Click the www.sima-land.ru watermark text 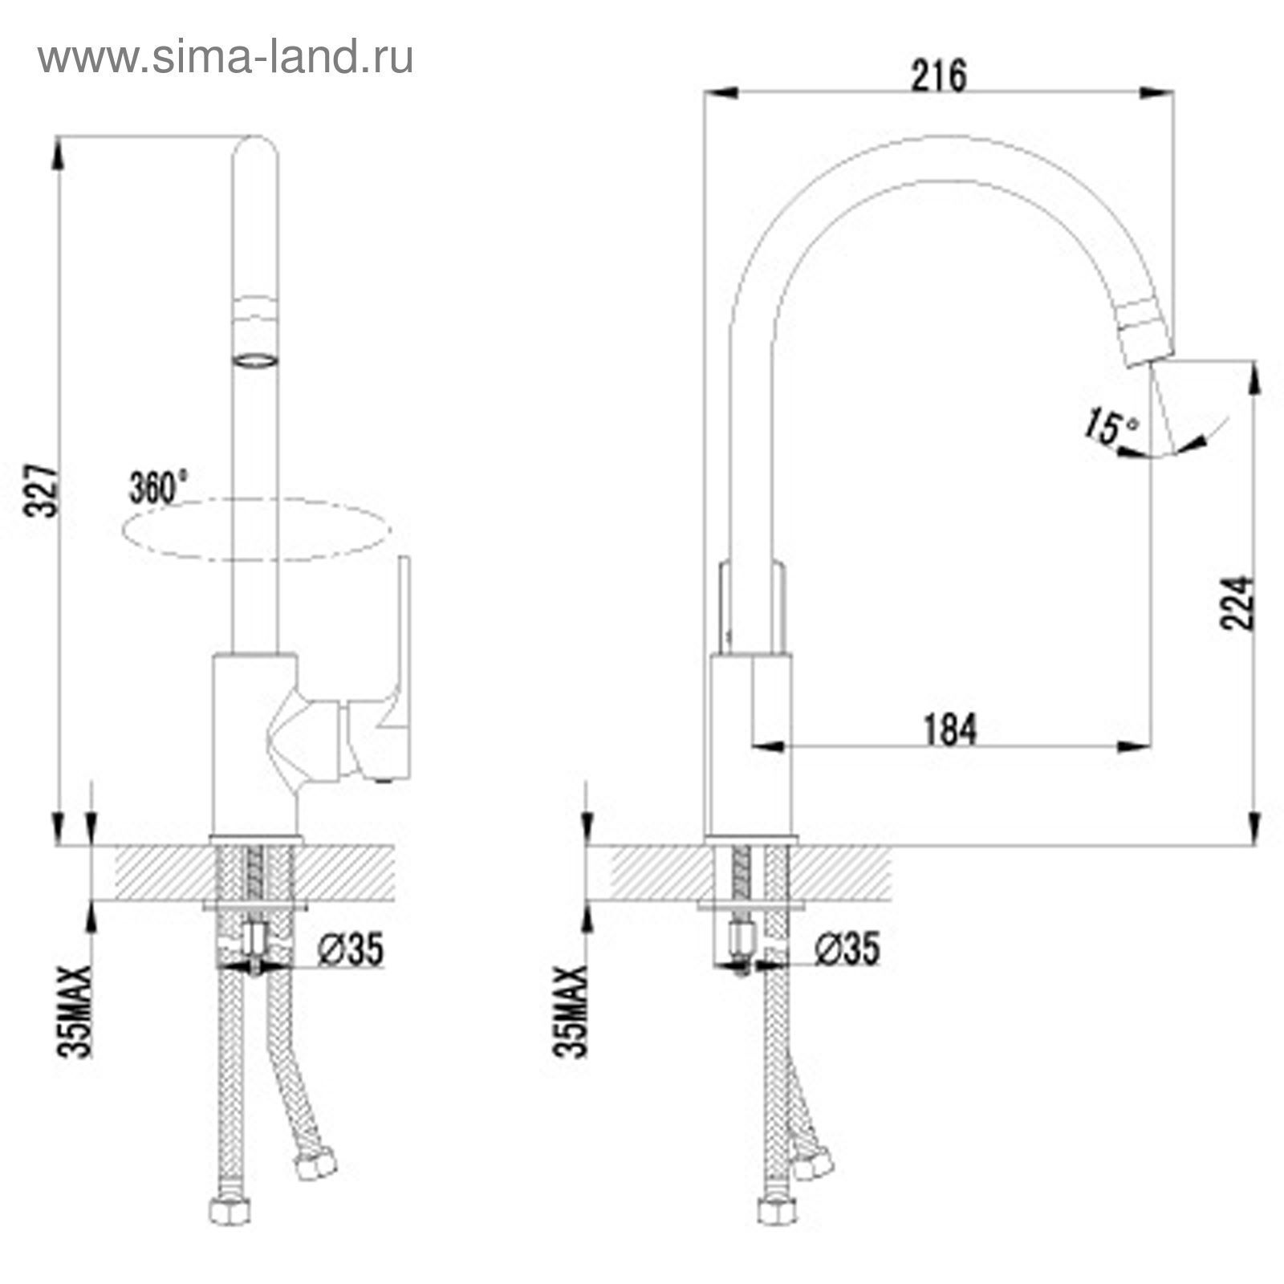tap(226, 59)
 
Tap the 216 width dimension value tap(940, 75)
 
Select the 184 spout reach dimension tap(949, 729)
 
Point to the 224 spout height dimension tap(1236, 603)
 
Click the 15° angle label tap(1111, 426)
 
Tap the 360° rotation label tap(158, 487)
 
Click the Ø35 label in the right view tap(847, 949)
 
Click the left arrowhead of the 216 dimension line tap(721, 93)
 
